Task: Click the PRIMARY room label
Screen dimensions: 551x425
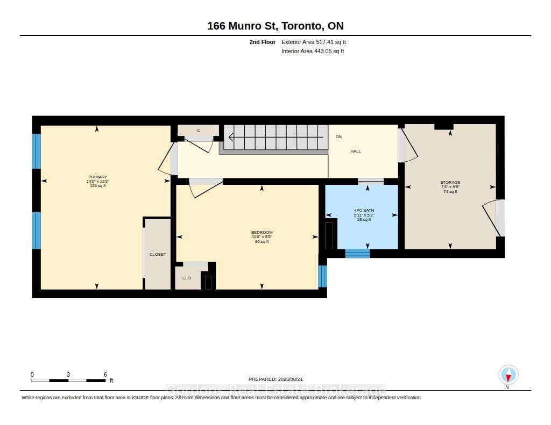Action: click(x=98, y=177)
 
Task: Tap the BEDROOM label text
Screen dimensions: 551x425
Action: click(x=262, y=232)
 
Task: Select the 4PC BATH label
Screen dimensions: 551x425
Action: click(x=364, y=211)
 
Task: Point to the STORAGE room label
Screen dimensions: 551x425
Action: click(x=450, y=183)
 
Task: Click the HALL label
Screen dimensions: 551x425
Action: click(x=356, y=152)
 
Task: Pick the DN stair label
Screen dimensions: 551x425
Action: click(x=338, y=137)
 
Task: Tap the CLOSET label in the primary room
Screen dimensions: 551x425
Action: click(x=158, y=255)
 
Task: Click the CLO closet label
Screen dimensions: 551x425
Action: click(x=187, y=278)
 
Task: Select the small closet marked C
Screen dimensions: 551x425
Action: click(x=199, y=131)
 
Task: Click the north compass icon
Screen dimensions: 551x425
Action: click(x=508, y=375)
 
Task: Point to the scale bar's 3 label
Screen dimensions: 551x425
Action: click(x=68, y=374)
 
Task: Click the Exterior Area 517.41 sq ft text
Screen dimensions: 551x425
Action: click(x=314, y=42)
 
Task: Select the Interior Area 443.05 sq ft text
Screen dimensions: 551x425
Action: click(x=313, y=51)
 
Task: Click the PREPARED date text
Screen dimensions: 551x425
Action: click(x=275, y=379)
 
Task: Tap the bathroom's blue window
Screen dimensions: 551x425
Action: click(x=357, y=254)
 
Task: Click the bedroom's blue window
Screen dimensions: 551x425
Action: click(x=323, y=276)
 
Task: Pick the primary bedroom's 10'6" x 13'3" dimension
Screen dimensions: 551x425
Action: click(x=98, y=182)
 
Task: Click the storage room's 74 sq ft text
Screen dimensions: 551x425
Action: click(x=450, y=192)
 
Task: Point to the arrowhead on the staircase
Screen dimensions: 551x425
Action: click(x=230, y=137)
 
